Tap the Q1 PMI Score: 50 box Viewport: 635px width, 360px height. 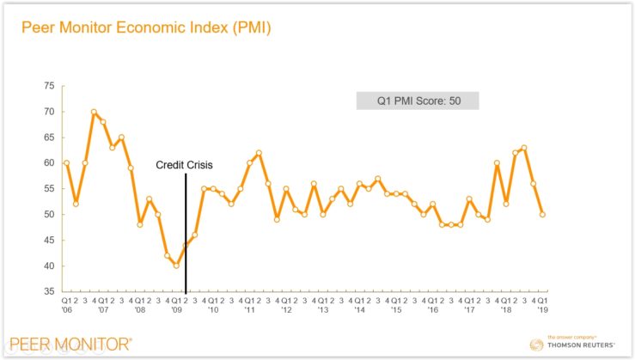click(417, 100)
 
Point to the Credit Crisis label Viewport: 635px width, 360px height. click(185, 165)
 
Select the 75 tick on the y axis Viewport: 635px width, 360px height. click(49, 86)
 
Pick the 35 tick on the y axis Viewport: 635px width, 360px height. click(49, 291)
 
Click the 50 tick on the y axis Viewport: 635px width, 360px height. click(49, 214)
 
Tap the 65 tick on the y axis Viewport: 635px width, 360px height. click(49, 137)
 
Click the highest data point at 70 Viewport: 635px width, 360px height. click(94, 112)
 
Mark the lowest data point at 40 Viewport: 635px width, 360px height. click(176, 265)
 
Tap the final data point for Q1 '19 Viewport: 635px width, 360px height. click(543, 214)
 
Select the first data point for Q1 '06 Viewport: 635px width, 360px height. click(66, 162)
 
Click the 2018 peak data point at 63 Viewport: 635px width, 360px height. click(524, 148)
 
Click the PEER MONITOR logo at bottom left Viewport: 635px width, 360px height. click(70, 344)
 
